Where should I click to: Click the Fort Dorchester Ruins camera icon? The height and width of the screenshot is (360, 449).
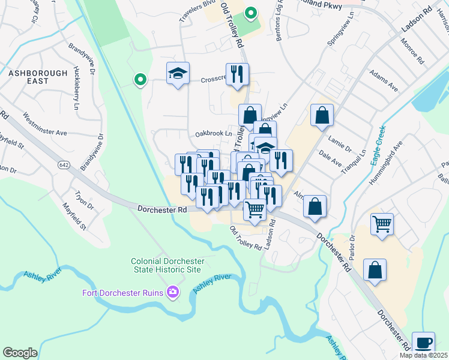(x=173, y=292)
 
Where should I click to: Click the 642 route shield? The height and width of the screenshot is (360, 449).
(x=64, y=164)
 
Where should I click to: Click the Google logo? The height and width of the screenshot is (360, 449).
(x=20, y=353)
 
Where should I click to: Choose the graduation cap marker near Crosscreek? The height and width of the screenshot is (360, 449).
(x=178, y=74)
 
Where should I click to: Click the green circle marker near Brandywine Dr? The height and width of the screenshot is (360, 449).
(x=140, y=79)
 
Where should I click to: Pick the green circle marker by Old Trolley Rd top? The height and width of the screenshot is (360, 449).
(x=251, y=11)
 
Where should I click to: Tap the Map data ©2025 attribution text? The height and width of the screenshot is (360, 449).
(x=424, y=355)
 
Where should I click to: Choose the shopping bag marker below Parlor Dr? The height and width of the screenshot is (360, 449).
(x=375, y=271)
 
